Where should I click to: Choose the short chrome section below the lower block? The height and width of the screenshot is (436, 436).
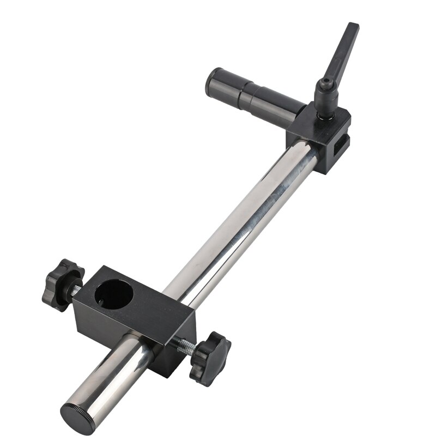pos(117,371)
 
